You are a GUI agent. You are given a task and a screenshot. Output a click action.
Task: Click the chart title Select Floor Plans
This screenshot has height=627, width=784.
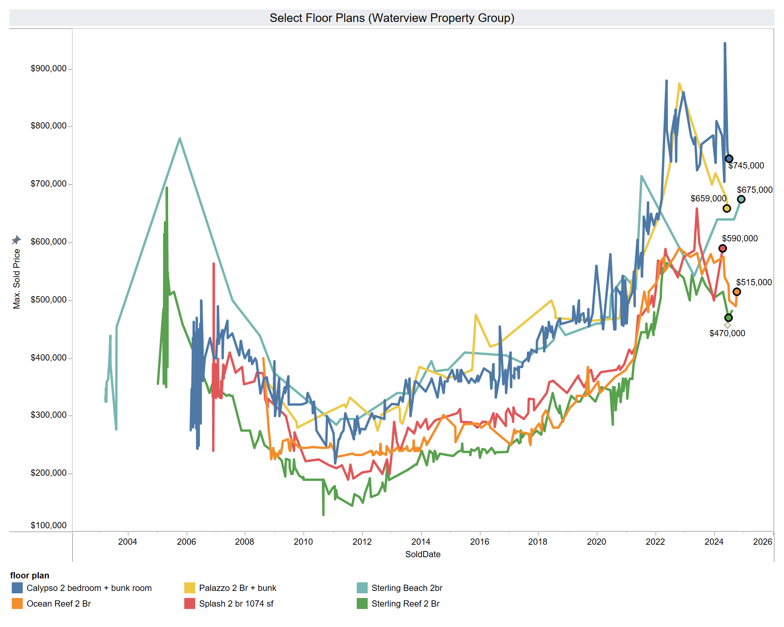pos(392,18)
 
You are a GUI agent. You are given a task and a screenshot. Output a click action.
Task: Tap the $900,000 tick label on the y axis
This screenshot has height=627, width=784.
pos(49,69)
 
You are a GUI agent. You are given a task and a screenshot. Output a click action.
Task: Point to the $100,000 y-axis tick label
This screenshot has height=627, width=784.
pos(49,526)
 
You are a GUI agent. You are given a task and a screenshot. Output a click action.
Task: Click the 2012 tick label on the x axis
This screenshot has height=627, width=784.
pos(362,542)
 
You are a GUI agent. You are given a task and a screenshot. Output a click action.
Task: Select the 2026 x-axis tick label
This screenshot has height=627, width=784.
pos(763,542)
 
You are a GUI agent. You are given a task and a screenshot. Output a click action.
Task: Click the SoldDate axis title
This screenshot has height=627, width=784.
pos(423,555)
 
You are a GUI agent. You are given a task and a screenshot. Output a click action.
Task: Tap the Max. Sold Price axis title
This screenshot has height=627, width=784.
pos(16,279)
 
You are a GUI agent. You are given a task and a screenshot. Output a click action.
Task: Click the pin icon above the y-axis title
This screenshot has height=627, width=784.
pos(16,240)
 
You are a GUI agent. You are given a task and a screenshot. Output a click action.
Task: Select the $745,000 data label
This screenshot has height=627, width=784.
pos(746,166)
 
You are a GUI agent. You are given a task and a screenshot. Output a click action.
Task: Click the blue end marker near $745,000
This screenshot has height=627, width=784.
pos(729,159)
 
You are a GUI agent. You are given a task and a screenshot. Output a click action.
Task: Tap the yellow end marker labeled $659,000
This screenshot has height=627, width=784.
pos(727,208)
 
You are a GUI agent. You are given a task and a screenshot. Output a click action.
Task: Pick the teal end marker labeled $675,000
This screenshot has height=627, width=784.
pos(741,199)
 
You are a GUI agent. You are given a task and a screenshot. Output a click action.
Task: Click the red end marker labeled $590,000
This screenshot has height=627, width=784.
pos(722,248)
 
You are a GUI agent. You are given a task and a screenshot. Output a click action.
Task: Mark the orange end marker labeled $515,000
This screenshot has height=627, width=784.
pos(737,292)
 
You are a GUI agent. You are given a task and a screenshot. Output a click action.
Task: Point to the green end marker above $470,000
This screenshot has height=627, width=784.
pos(728,318)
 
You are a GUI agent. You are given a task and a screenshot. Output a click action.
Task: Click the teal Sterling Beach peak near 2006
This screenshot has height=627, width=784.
pos(180,138)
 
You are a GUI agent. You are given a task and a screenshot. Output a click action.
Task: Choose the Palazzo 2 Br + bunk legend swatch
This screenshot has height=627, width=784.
pos(190,588)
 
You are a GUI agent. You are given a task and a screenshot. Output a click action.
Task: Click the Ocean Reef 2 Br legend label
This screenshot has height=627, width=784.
pos(59,604)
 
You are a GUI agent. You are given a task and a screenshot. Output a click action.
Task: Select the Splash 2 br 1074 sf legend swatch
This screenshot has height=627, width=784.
pos(190,604)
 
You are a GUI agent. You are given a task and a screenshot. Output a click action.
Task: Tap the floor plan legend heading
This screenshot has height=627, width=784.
pos(30,576)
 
